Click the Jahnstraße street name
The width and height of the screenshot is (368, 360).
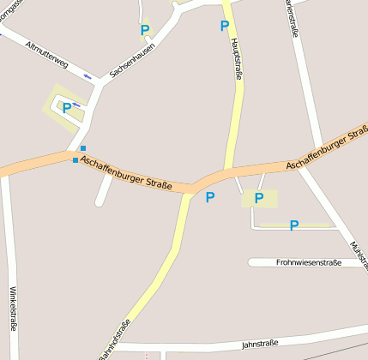260,345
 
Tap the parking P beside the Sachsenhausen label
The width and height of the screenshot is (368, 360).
145,30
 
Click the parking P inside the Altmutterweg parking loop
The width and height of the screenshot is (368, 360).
66,108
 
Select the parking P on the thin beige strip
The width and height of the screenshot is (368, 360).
293,225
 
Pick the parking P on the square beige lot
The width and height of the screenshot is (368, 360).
258,198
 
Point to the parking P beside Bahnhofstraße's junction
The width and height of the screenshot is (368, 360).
209,197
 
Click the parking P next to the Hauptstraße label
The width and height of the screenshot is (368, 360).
224,26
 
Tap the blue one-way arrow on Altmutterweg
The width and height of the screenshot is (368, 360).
87,76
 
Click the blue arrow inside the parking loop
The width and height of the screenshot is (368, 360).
75,105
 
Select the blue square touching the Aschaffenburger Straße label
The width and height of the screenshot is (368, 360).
75,160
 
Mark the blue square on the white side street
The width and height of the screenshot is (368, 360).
82,148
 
